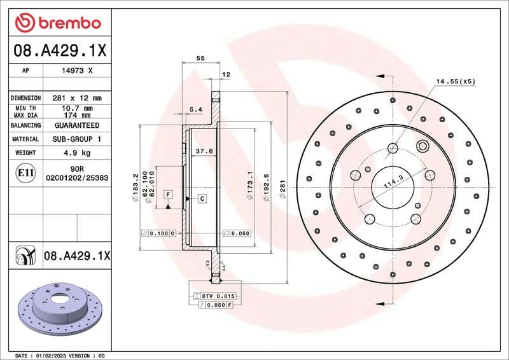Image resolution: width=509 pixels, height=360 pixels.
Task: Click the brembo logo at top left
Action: click(58, 23)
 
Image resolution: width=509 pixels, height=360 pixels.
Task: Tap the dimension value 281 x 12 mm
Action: click(77, 98)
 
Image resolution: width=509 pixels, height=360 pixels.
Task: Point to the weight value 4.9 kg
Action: click(77, 153)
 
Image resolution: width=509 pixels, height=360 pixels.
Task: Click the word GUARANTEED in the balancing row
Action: click(77, 126)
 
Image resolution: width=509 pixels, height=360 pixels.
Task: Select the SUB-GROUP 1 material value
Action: click(77, 139)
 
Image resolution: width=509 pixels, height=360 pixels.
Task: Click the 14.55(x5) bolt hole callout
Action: click(456, 81)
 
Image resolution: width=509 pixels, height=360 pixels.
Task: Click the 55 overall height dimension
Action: click(200, 58)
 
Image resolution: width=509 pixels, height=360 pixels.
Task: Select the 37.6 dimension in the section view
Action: click(203, 151)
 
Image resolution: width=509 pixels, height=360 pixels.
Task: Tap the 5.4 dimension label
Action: click(196, 109)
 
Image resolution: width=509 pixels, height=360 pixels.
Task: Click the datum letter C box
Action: click(202, 199)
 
